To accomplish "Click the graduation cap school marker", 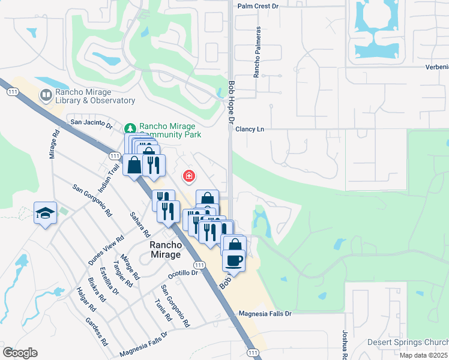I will (x=45, y=213).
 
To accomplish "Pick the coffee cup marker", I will (x=234, y=261).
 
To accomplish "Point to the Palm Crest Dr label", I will (x=259, y=6).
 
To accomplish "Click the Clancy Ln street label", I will (x=250, y=129).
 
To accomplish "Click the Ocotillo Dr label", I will (x=183, y=273).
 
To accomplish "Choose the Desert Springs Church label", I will (x=407, y=343).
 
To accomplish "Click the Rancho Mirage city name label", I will (x=165, y=250).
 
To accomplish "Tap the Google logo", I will (x=20, y=352).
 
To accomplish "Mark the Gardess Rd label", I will (x=96, y=332).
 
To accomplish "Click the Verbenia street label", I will (x=436, y=67).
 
